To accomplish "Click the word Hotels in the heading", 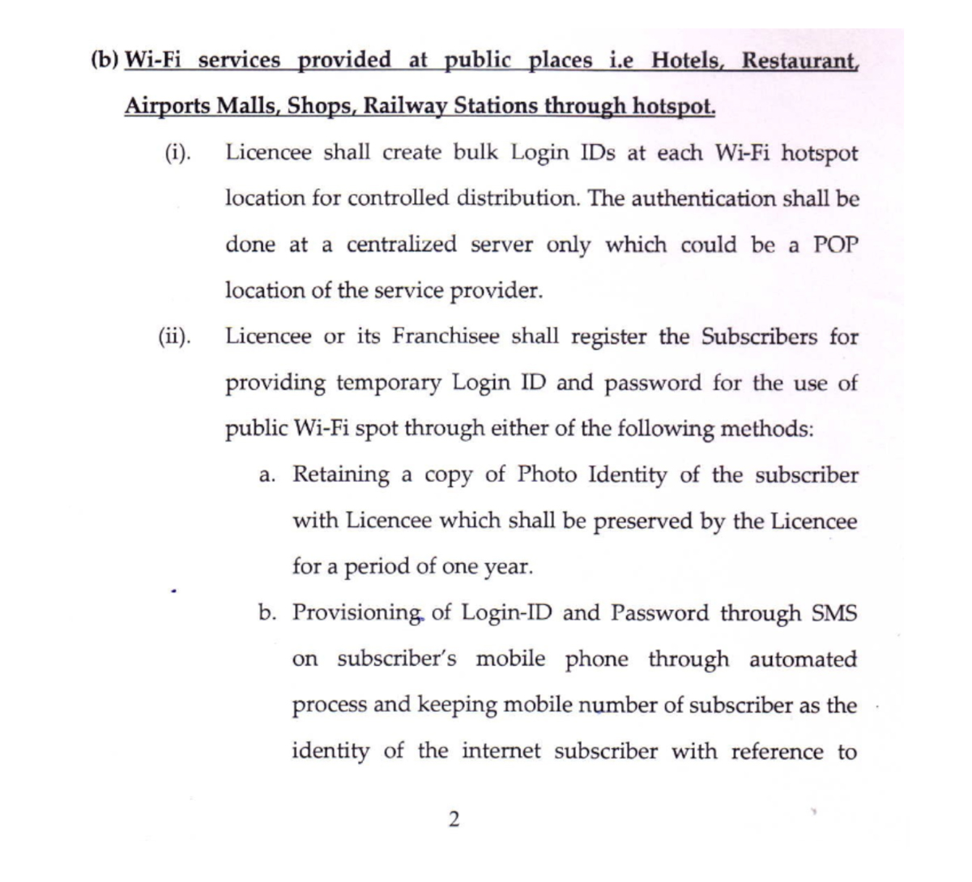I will click(687, 61).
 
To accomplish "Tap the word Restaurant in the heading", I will click(799, 61).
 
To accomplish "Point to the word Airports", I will click(164, 106).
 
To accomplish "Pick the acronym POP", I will click(834, 245).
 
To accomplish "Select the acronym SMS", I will click(833, 613).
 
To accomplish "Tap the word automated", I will click(803, 659).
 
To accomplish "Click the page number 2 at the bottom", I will click(453, 820).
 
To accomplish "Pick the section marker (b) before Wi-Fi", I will click(104, 61).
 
